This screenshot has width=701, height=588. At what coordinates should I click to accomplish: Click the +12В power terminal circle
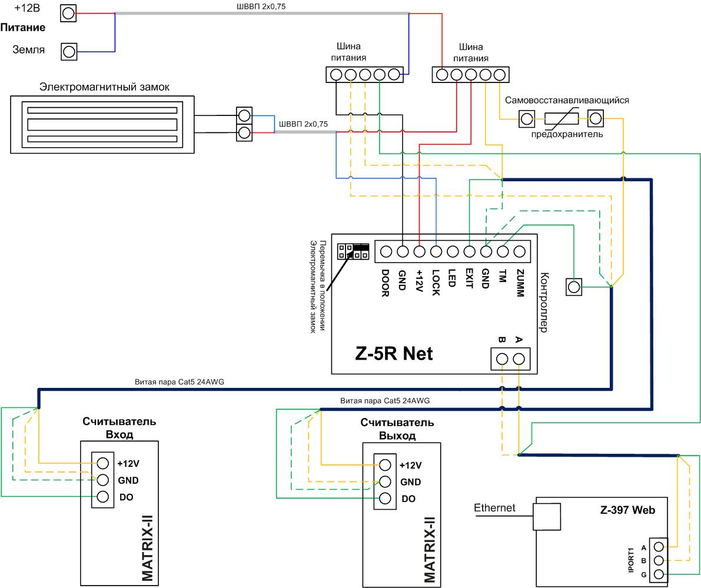[68, 14]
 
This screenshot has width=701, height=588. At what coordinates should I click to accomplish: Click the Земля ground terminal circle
[69, 52]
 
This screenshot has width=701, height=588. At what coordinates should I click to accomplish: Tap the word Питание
[23, 28]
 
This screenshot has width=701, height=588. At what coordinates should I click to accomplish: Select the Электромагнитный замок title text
[104, 87]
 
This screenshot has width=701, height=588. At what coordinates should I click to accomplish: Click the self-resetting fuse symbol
[561, 118]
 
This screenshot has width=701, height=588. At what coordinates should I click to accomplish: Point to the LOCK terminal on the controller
[436, 252]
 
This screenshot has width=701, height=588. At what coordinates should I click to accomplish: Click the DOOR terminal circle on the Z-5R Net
[386, 252]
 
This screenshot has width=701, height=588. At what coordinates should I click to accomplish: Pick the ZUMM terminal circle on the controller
[520, 252]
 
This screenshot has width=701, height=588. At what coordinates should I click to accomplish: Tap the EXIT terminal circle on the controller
[470, 252]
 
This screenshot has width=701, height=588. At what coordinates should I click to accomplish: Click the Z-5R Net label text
[394, 354]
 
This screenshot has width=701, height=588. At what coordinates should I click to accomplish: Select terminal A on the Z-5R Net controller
[519, 359]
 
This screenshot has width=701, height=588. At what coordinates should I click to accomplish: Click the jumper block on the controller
[353, 251]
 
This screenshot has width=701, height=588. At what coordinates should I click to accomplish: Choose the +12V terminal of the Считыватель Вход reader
[103, 463]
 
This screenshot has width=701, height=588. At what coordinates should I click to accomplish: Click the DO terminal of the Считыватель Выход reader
[385, 499]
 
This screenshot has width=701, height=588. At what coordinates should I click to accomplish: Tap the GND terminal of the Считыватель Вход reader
[103, 480]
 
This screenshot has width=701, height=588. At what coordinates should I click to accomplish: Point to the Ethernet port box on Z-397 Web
[547, 516]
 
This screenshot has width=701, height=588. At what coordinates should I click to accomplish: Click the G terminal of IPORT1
[659, 574]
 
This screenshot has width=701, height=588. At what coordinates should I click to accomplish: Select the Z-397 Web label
[627, 510]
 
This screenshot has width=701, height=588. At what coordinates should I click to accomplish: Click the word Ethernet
[494, 508]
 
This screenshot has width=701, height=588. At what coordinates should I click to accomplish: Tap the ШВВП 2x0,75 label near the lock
[303, 124]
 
